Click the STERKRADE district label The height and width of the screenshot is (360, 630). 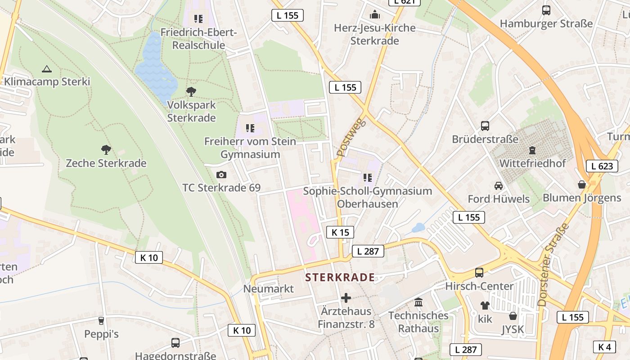point(340,277)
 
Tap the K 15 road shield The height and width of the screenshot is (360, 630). point(340,232)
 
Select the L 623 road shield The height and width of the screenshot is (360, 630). point(602,166)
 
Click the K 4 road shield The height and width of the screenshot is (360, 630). point(604,347)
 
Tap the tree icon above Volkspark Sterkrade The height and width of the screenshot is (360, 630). point(191,92)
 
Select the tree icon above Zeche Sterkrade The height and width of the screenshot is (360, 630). point(106,149)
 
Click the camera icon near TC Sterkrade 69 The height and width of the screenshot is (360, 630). point(221,175)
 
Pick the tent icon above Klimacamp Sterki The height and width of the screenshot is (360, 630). point(46,69)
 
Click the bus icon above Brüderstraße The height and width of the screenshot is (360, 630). point(485,126)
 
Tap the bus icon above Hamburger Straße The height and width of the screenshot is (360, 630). point(546,10)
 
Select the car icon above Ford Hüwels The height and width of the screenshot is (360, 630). point(499,185)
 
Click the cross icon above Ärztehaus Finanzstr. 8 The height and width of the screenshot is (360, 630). point(346,297)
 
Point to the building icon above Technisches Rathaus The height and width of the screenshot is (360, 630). point(418,302)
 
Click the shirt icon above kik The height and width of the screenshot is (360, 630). point(485,306)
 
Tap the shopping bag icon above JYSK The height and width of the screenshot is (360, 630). point(513,316)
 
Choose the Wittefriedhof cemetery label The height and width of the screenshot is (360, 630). point(533,163)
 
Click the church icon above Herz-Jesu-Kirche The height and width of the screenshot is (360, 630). point(374,15)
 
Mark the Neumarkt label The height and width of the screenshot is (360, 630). point(269,289)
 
